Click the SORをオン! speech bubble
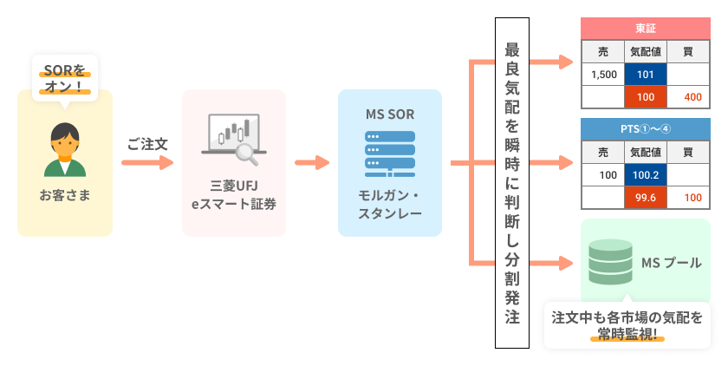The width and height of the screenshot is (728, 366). [x=64, y=77]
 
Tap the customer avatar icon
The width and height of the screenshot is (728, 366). [x=64, y=149]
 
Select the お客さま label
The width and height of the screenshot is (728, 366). [x=64, y=195]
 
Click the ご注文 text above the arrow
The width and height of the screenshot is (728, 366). [x=147, y=143]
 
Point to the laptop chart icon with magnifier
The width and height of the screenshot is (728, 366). [x=232, y=138]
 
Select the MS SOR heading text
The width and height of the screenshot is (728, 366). [x=389, y=114]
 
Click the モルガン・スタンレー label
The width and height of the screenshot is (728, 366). [x=389, y=203]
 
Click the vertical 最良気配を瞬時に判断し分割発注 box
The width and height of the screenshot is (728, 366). [x=511, y=182]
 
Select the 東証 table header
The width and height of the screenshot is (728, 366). [x=646, y=28]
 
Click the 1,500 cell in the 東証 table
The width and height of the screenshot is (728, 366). [x=603, y=75]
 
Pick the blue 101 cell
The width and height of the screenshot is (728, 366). [x=646, y=75]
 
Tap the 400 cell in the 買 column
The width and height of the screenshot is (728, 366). [x=692, y=97]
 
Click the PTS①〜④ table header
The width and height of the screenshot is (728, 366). [x=646, y=129]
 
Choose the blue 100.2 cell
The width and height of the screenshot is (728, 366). [x=646, y=175]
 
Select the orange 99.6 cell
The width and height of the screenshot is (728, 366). [x=646, y=198]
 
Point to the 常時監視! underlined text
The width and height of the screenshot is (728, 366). [x=627, y=335]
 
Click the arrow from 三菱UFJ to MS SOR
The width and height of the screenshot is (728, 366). [x=312, y=162]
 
